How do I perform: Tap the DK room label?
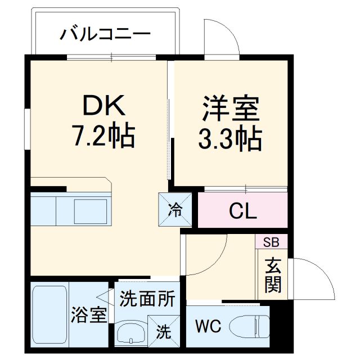pos(107,105)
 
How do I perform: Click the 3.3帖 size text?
pos(229,138)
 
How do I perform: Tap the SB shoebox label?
pos(271,242)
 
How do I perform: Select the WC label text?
pos(208,326)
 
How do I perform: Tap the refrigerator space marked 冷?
pos(175,210)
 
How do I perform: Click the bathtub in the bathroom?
pos(49,316)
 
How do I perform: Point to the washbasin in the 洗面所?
pos(130,334)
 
